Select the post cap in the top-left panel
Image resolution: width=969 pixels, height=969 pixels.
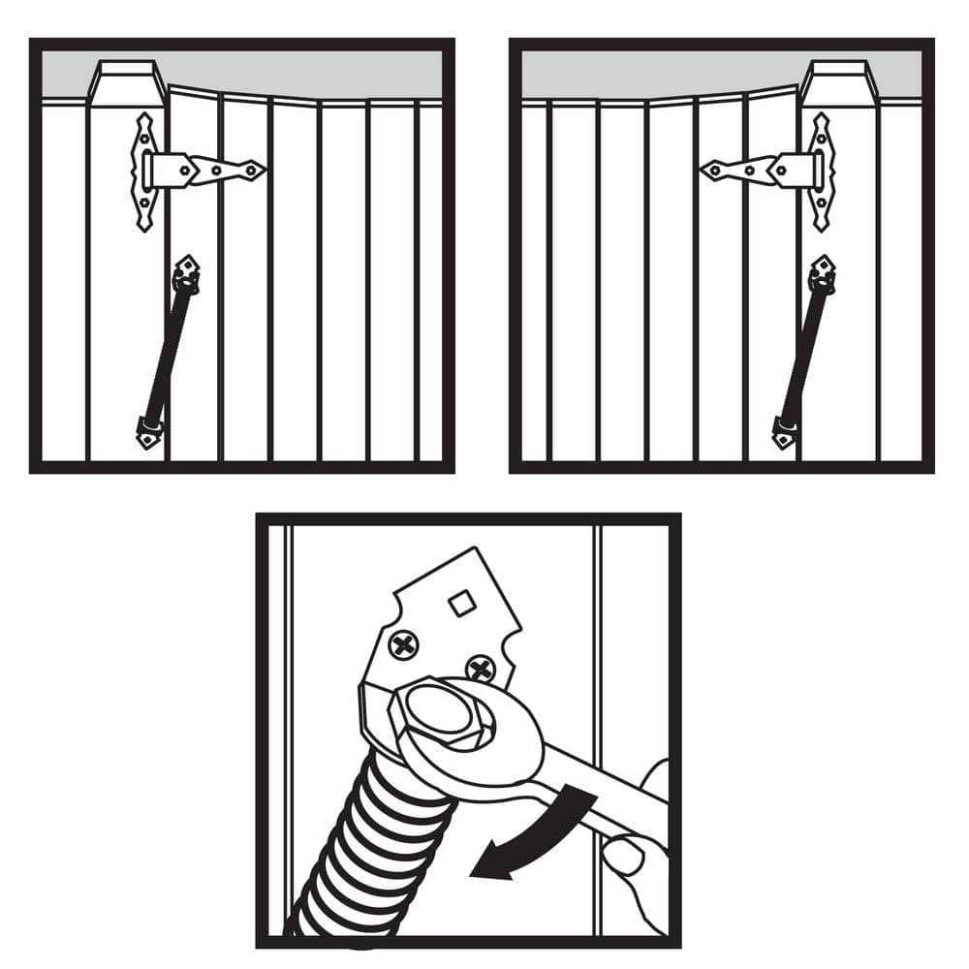[x=126, y=83]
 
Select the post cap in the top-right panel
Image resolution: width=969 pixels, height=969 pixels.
[x=839, y=83]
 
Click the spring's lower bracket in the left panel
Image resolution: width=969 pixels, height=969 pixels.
[x=148, y=433]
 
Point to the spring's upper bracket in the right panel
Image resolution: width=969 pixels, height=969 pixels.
[x=823, y=272]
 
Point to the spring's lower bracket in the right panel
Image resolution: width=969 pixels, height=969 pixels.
[x=784, y=433]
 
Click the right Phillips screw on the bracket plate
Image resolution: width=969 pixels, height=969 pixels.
[x=480, y=668]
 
